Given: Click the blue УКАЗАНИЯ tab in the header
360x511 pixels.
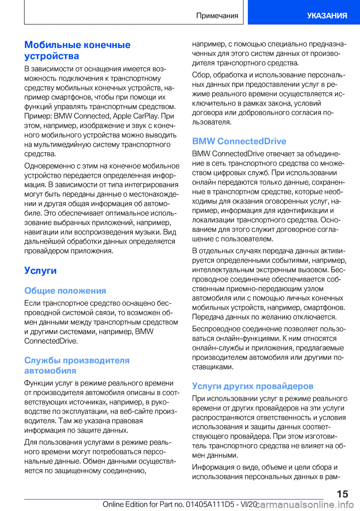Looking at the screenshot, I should click(x=327, y=15).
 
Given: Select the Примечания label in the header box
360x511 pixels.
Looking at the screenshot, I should click(x=217, y=15).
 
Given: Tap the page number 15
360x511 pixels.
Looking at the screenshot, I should click(x=342, y=494).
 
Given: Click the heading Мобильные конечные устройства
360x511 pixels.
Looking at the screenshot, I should click(x=77, y=50).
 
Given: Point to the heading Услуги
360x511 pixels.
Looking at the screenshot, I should click(x=40, y=271).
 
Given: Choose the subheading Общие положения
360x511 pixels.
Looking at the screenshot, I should click(x=65, y=291).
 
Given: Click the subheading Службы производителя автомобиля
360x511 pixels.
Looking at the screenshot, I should click(x=76, y=365).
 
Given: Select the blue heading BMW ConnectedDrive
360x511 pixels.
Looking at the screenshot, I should click(x=239, y=141).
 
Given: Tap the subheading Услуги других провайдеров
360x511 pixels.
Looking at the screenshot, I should click(x=252, y=386).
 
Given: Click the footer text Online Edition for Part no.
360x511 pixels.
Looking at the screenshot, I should click(x=143, y=504).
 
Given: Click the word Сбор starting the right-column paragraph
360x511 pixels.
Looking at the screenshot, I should click(x=201, y=75).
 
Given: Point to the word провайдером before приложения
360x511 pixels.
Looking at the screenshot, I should click(x=46, y=251).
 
